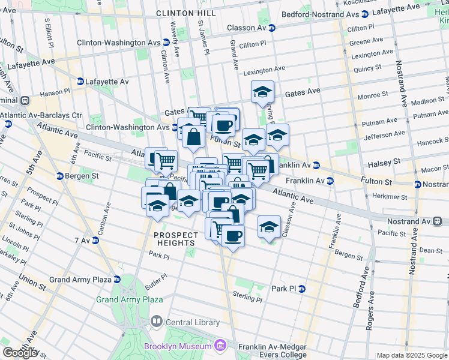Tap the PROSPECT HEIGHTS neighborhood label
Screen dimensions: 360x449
tap(174, 239)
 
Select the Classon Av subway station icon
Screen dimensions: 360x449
tap(271, 28)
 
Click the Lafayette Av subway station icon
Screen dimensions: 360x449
tap(80, 82)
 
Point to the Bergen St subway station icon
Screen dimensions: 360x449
tap(60, 176)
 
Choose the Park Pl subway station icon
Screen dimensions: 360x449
tap(302, 289)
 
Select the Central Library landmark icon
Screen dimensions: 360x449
tap(157, 322)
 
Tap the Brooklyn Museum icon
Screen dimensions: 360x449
tap(220, 346)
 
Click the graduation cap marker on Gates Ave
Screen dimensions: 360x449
tap(262, 92)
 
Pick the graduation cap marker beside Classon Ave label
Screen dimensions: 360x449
tap(269, 226)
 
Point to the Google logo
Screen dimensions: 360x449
tap(20, 353)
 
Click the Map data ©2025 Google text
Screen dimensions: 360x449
tap(411, 355)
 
